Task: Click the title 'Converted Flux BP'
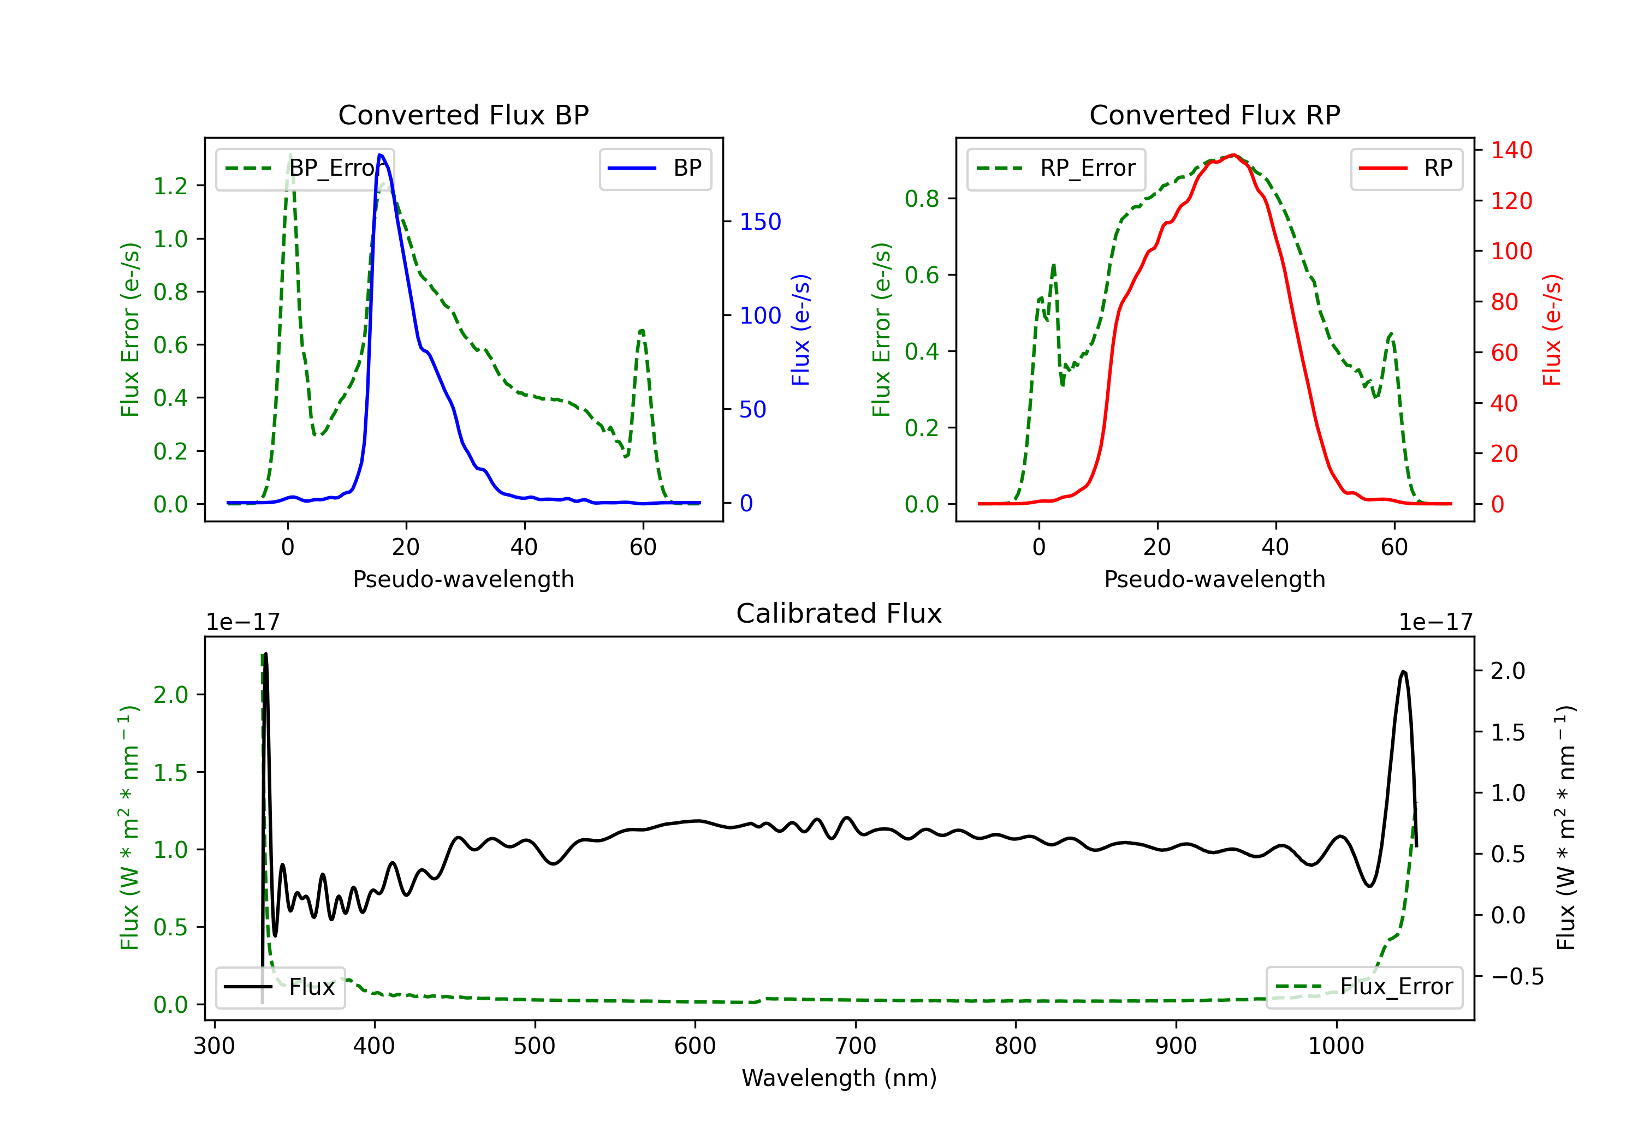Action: coord(463,115)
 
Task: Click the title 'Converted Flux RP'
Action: coord(1214,115)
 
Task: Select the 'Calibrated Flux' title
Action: coord(839,613)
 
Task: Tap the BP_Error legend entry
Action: coord(305,168)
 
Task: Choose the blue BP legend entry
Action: coord(655,168)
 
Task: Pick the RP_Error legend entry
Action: coord(1056,168)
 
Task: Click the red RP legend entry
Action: coord(1405,168)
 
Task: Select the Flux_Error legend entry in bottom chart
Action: coord(1364,987)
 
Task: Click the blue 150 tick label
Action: coord(761,222)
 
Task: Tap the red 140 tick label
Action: coord(1512,151)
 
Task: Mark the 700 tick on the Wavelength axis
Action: coord(856,1046)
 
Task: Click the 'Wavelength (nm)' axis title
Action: coord(839,1078)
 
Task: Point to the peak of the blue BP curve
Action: coord(380,155)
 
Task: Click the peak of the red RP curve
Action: coord(1233,155)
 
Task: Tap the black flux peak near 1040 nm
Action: coord(1403,671)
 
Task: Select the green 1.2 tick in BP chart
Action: coord(170,186)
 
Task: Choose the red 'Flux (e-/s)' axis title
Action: coord(1552,330)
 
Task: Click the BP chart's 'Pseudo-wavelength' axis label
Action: coord(463,579)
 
